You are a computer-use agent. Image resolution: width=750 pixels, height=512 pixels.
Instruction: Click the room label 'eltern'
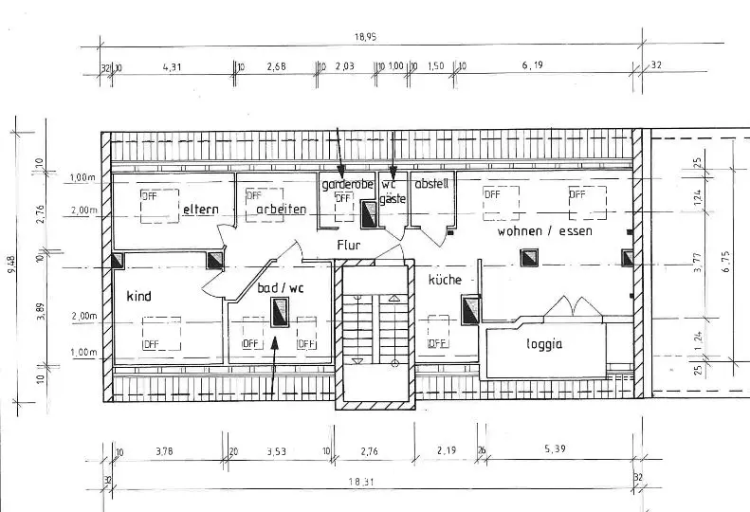coord(201,209)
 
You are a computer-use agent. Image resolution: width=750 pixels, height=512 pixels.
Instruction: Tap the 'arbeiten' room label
coord(282,209)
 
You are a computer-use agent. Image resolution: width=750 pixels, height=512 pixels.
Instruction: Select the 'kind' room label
coord(138,296)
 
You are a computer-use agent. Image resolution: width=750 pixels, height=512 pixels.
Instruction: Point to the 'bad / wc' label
coord(281,286)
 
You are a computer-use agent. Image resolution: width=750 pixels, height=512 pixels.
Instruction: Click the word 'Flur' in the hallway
coord(349,244)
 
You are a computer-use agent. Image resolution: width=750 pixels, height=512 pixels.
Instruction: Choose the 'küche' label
coord(444,280)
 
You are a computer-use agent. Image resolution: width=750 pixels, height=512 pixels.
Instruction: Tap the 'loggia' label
coord(544,344)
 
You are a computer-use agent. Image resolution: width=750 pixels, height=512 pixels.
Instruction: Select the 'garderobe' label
coord(347,183)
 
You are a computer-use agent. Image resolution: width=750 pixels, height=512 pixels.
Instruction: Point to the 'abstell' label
coord(430,183)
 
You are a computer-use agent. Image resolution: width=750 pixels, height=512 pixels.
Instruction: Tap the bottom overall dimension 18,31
coord(360,482)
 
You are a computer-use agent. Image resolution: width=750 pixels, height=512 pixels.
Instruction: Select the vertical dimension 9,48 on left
coord(11,265)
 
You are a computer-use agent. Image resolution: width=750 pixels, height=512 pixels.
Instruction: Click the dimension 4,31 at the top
coord(173,66)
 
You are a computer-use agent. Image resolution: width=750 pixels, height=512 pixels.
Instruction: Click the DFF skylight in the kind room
coord(161,332)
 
